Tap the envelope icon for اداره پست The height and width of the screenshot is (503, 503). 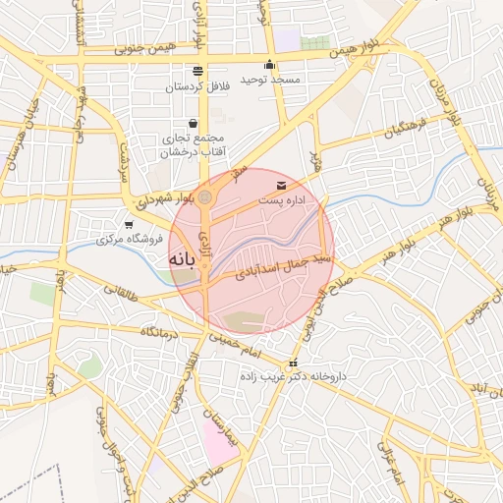(x=282, y=186)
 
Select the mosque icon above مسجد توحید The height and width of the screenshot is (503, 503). (x=269, y=65)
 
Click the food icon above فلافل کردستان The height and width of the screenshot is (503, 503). (x=198, y=71)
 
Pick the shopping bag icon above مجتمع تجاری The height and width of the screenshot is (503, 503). (x=191, y=124)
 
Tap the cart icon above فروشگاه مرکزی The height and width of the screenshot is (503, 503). (x=129, y=225)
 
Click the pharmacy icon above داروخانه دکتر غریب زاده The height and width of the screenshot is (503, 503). (x=292, y=363)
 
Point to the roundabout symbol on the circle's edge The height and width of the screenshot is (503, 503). (x=204, y=198)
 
